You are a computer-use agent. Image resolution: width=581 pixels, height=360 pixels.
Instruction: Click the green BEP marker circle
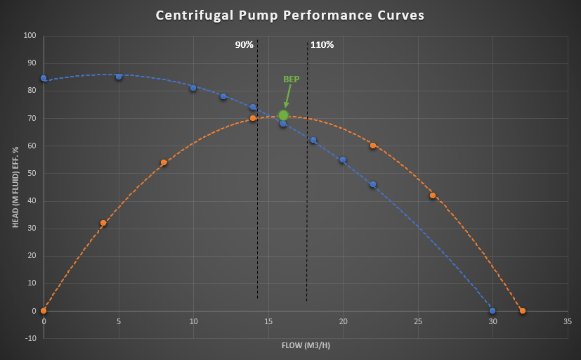pyautogui.click(x=283, y=115)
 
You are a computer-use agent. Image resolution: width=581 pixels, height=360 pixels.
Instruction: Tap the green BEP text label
pyautogui.click(x=291, y=79)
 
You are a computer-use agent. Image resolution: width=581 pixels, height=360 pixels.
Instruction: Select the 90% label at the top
pyautogui.click(x=244, y=45)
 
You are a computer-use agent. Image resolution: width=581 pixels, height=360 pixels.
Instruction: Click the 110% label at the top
pyautogui.click(x=322, y=45)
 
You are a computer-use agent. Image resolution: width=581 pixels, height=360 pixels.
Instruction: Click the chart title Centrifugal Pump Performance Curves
pyautogui.click(x=290, y=15)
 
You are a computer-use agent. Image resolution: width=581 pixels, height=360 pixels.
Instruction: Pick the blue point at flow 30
pyautogui.click(x=492, y=311)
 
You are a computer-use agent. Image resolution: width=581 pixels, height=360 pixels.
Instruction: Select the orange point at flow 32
pyautogui.click(x=522, y=311)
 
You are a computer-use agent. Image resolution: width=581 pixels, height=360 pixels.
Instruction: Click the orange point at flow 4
pyautogui.click(x=103, y=223)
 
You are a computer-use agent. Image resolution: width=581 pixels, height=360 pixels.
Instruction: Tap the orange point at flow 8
pyautogui.click(x=164, y=162)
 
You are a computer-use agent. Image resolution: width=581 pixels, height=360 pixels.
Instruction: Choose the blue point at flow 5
pyautogui.click(x=119, y=77)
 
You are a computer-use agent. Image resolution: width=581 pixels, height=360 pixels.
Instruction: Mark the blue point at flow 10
pyautogui.click(x=193, y=88)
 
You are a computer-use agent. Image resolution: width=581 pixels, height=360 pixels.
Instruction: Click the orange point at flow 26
pyautogui.click(x=433, y=195)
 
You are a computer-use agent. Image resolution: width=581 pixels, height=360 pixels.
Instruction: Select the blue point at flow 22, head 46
pyautogui.click(x=373, y=184)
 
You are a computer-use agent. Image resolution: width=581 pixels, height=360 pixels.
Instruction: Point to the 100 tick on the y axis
pyautogui.click(x=30, y=36)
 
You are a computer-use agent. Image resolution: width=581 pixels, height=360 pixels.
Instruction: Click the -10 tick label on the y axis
pyautogui.click(x=30, y=338)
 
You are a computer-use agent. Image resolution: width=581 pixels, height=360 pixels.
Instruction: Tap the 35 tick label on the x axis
pyautogui.click(x=567, y=321)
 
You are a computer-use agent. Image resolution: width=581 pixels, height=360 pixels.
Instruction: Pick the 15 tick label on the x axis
pyautogui.click(x=268, y=321)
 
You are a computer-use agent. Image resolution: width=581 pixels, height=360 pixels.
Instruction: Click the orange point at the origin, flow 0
pyautogui.click(x=44, y=311)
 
